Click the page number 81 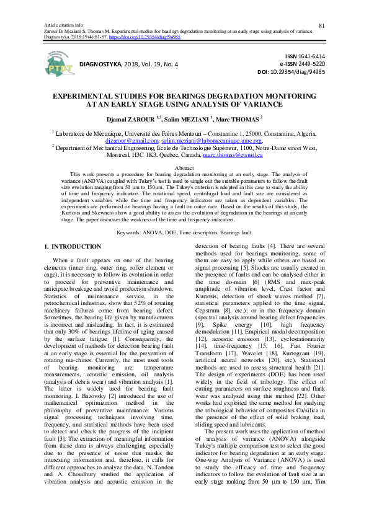pos(322,8)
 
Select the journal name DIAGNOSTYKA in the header pos(106,63)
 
